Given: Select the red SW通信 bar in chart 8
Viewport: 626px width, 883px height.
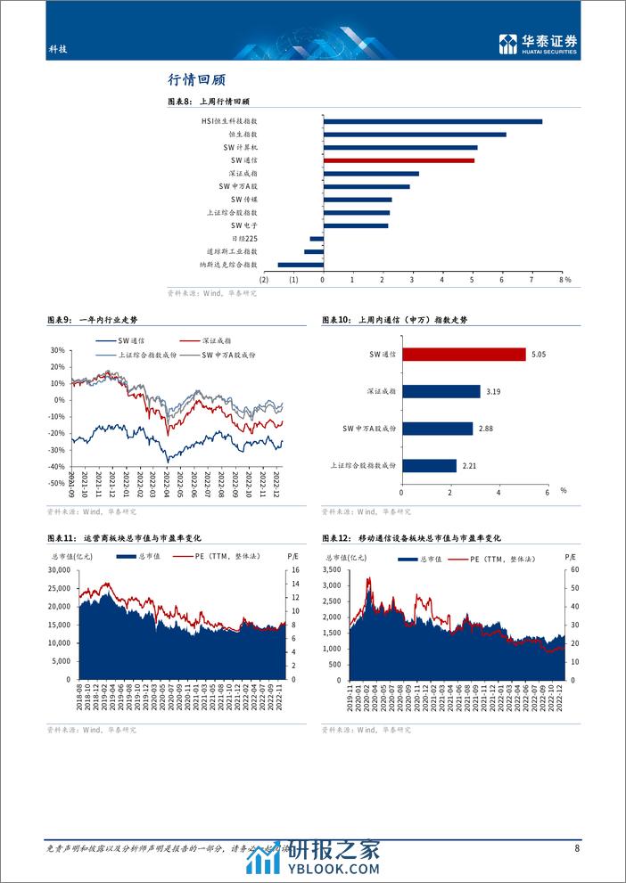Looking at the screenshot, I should [x=399, y=160].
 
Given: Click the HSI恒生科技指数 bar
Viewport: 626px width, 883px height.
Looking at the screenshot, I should [x=432, y=121].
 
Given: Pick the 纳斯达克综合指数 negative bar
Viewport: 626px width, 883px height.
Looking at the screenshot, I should [x=301, y=265].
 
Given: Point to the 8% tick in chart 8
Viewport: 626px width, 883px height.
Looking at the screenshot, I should [x=562, y=280].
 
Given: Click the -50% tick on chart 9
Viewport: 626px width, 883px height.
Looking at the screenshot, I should [x=58, y=482].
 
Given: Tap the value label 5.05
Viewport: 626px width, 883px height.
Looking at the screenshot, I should [x=537, y=355].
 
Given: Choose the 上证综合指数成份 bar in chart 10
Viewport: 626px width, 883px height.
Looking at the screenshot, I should [x=429, y=465].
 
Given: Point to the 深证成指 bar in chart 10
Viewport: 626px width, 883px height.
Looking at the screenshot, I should [x=441, y=391].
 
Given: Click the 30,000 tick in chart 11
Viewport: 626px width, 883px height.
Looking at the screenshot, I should [x=58, y=569].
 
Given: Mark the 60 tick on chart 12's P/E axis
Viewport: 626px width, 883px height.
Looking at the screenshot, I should [x=571, y=569].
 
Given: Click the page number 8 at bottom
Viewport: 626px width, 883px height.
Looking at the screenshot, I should [x=577, y=849].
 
